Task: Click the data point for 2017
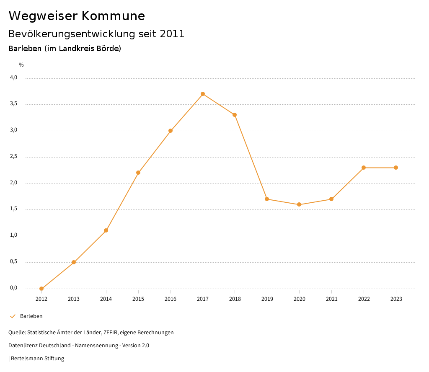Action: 203,94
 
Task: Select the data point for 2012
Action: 41,289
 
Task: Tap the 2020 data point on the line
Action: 299,204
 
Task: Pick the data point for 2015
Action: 138,173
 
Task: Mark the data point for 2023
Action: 396,168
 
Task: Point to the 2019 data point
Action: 267,199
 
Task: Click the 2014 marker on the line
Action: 106,230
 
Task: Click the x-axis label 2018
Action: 235,299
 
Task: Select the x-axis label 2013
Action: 74,299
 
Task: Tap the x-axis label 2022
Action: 364,299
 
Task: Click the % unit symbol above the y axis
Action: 21,65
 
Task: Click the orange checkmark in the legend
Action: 13,316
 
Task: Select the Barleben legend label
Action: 31,316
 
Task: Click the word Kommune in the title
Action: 113,16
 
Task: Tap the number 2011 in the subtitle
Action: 172,34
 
